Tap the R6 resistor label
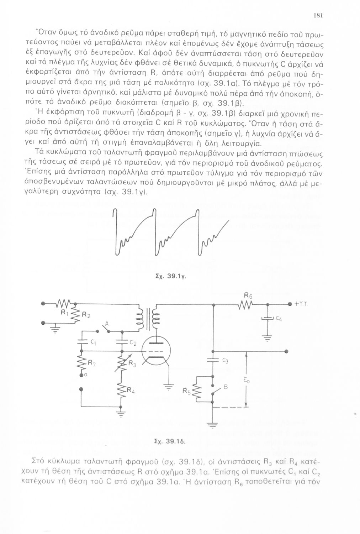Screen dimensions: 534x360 pos(248,295)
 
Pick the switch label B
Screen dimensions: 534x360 pos(225,387)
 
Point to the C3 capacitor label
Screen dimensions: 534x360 pos(225,361)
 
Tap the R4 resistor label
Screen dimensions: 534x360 pos(131,393)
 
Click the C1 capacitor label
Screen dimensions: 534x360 pos(93,342)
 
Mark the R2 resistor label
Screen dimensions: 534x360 pos(86,315)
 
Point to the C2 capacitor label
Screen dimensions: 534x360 pos(133,343)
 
